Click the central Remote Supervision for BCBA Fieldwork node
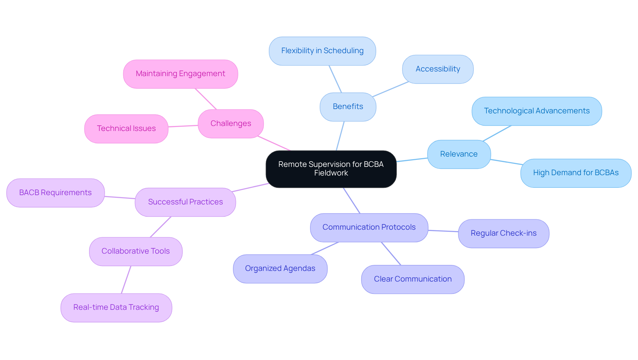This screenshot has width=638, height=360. [x=331, y=169]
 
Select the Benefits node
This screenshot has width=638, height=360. [x=348, y=107]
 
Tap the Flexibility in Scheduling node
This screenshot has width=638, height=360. [x=322, y=51]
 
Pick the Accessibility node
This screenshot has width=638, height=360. [x=438, y=69]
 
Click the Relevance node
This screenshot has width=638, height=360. [x=459, y=154]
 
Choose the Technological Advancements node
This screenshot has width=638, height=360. [x=537, y=111]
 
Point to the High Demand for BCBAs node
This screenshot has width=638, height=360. [x=576, y=173]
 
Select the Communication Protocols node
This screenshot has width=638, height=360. [x=369, y=227]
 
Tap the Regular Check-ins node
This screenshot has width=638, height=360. [x=503, y=233]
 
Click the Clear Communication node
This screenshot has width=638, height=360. [x=413, y=279]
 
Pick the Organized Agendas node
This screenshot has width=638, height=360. [x=280, y=269]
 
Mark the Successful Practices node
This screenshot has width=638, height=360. [x=185, y=202]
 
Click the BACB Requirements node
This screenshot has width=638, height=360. [x=55, y=193]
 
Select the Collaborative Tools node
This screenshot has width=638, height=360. [x=136, y=251]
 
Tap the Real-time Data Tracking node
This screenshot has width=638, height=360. [x=116, y=307]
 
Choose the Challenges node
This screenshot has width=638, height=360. [x=231, y=124]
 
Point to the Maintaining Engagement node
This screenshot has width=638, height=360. [x=180, y=74]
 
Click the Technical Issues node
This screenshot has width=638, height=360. [x=126, y=129]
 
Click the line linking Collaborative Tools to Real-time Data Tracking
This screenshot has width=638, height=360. [x=126, y=280]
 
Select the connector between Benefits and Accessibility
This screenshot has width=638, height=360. [x=390, y=89]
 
